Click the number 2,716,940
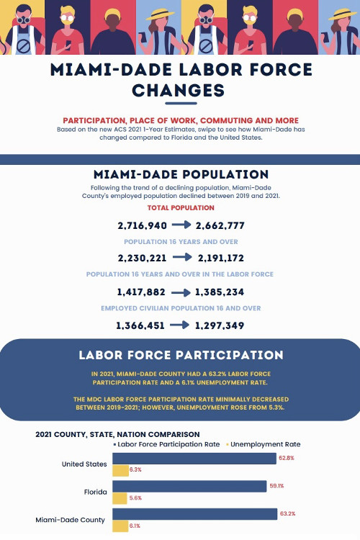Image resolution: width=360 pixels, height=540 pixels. click(143, 225)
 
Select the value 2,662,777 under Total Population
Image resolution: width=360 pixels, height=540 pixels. click(220, 225)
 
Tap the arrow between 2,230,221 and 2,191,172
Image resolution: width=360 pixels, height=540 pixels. click(182, 257)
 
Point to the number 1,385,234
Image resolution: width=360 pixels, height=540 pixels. click(220, 292)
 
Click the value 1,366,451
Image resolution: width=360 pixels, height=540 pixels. click(140, 325)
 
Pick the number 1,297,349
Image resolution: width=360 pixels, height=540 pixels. click(220, 325)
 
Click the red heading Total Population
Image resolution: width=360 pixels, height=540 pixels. click(181, 207)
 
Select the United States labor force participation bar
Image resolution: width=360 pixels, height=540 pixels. click(194, 459)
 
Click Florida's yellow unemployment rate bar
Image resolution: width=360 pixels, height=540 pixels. click(120, 498)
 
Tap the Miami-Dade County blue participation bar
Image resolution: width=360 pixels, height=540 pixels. click(195, 514)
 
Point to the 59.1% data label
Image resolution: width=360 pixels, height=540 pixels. click(276, 486)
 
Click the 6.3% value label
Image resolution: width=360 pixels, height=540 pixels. click(135, 469)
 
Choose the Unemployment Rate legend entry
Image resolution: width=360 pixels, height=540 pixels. click(264, 444)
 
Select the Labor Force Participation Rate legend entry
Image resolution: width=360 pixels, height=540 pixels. click(166, 444)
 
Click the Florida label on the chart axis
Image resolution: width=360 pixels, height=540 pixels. click(96, 492)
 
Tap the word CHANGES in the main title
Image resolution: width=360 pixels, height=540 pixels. click(179, 91)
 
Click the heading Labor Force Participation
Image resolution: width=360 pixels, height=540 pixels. click(181, 355)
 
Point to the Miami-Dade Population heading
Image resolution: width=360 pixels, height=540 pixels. click(181, 174)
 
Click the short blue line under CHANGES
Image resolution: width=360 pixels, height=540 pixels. click(181, 103)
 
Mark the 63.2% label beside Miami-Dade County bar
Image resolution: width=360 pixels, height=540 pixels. click(288, 513)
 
